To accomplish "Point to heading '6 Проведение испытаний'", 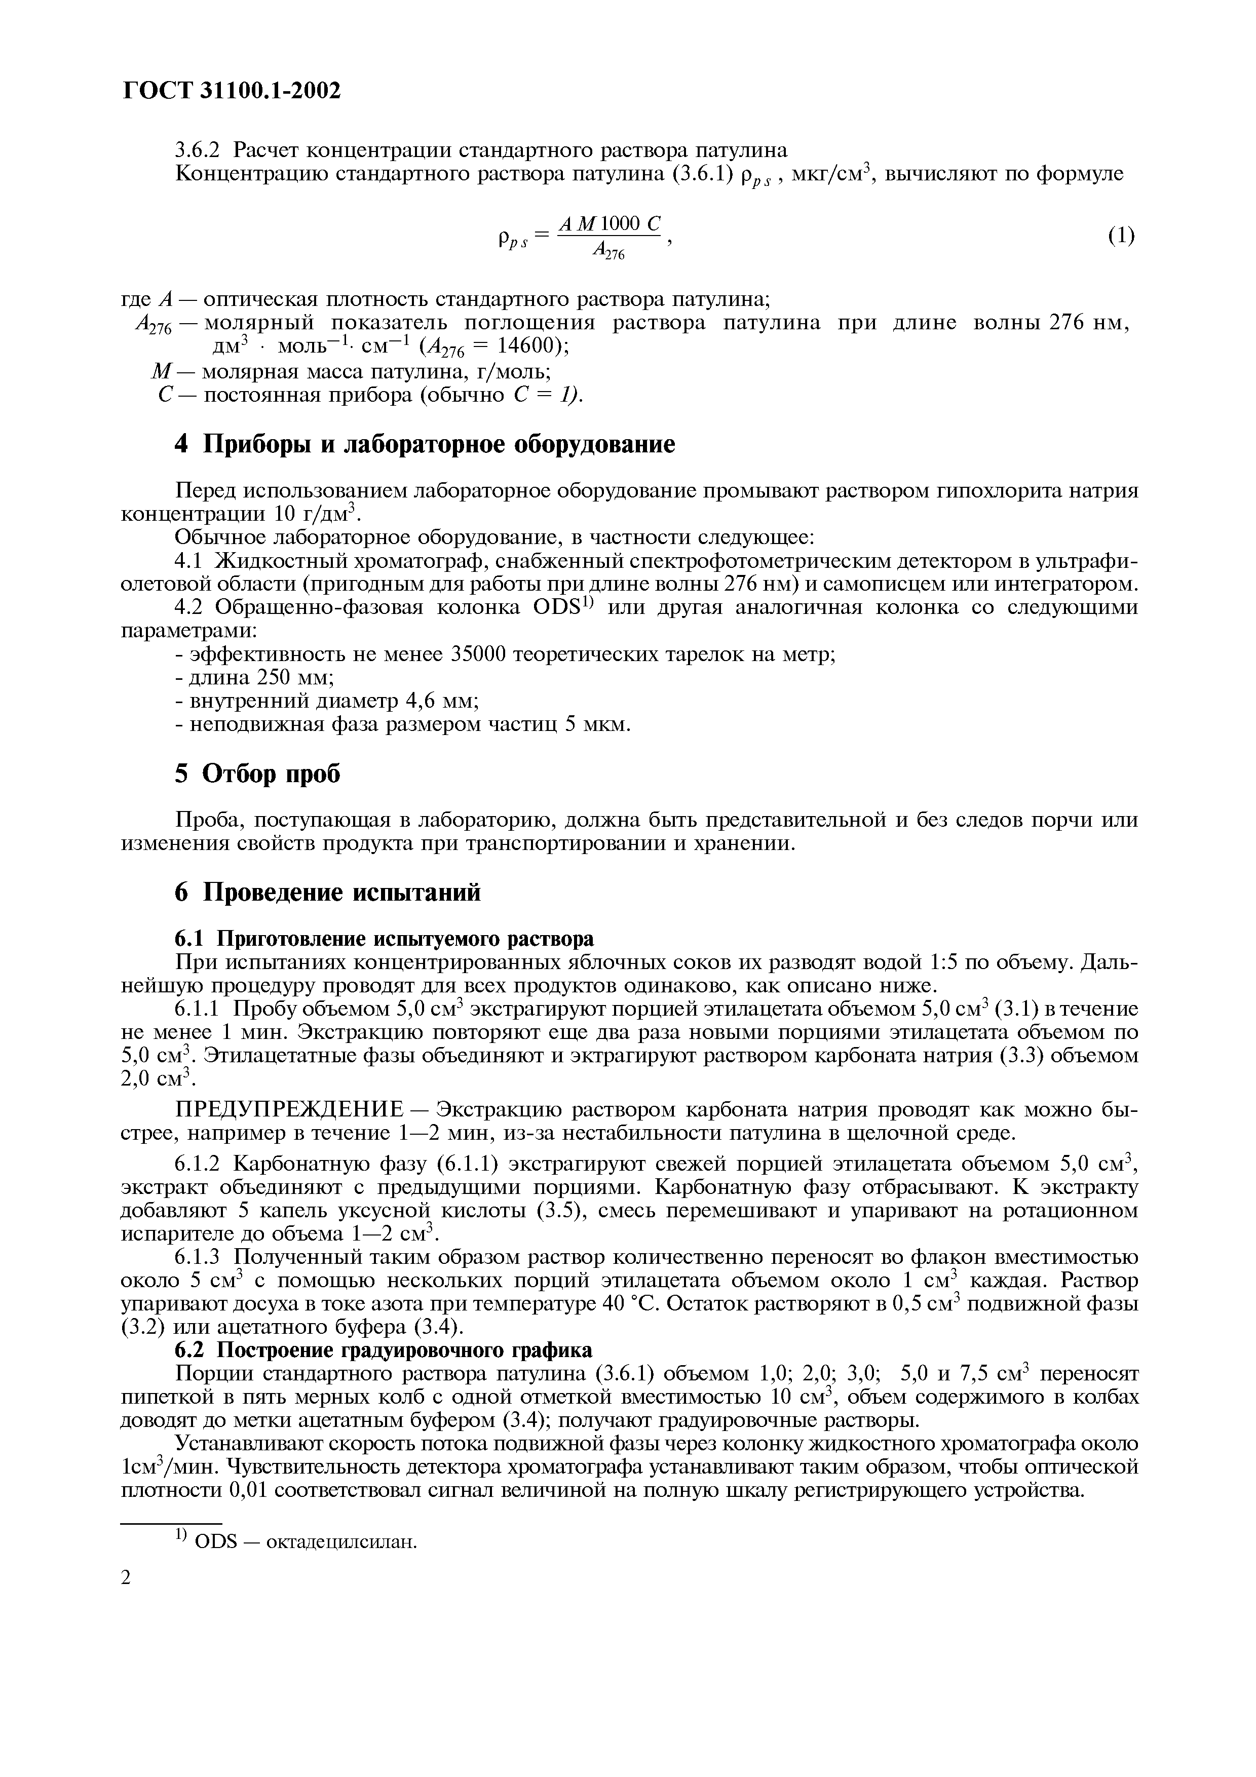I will click(327, 893).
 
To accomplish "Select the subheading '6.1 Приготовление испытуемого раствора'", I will click(385, 939).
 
